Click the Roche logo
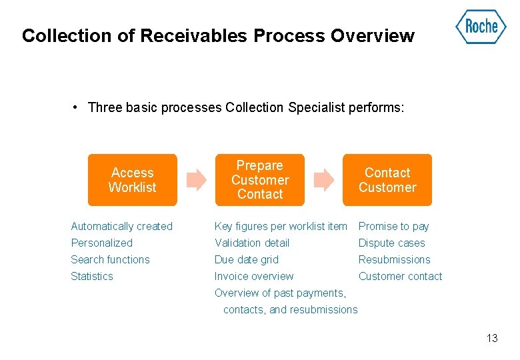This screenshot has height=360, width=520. (481, 27)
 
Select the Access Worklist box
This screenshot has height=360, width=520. (133, 180)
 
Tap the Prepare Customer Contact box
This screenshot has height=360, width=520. (260, 180)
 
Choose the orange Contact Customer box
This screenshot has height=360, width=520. (387, 180)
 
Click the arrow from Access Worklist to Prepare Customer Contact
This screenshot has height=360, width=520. (196, 179)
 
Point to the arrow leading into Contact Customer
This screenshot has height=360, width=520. (323, 179)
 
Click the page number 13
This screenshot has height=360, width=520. (492, 338)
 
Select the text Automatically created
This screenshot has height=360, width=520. (122, 227)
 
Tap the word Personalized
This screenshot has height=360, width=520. (102, 243)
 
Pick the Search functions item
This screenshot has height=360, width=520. (111, 260)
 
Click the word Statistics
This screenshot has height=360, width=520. (92, 277)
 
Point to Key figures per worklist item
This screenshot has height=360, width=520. (281, 227)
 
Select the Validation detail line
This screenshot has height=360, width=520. (252, 243)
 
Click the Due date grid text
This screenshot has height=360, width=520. (247, 260)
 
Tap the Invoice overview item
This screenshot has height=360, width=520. (254, 277)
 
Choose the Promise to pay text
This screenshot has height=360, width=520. (394, 227)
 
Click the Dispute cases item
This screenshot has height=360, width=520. (392, 243)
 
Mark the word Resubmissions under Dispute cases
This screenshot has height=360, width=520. (395, 260)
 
